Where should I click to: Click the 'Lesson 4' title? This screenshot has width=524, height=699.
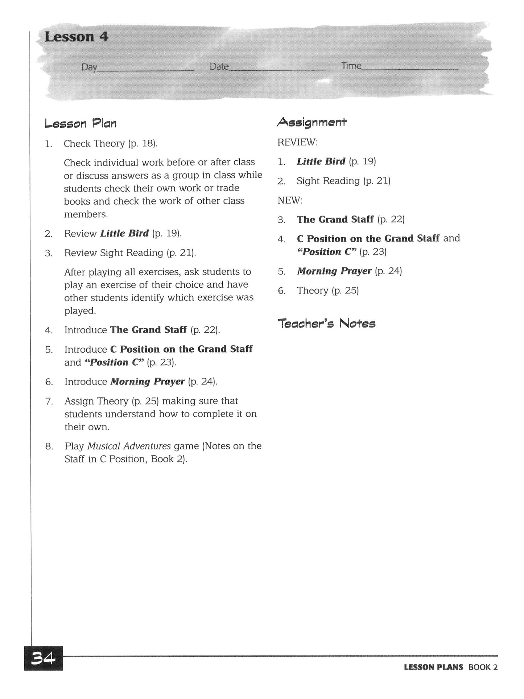pyautogui.click(x=77, y=37)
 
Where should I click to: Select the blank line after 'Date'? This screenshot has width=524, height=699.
pyautogui.click(x=277, y=69)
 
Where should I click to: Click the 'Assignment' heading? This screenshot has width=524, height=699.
pyautogui.click(x=312, y=122)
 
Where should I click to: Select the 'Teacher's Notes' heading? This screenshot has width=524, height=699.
pyautogui.click(x=326, y=323)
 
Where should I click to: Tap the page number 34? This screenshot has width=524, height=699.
pyautogui.click(x=43, y=658)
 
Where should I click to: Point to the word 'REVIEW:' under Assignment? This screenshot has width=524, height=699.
pyautogui.click(x=297, y=142)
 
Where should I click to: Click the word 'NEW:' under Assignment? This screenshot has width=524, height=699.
pyautogui.click(x=290, y=200)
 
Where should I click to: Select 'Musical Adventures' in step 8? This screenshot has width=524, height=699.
pyautogui.click(x=129, y=446)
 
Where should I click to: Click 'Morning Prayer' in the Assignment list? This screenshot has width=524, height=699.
pyautogui.click(x=334, y=271)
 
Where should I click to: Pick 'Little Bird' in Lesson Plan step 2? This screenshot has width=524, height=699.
pyautogui.click(x=124, y=233)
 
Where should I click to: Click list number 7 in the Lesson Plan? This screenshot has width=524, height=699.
pyautogui.click(x=49, y=402)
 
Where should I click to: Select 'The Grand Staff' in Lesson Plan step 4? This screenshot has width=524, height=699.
pyautogui.click(x=148, y=330)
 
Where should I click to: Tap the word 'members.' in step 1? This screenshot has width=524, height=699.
pyautogui.click(x=86, y=214)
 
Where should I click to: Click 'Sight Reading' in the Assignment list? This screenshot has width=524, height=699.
pyautogui.click(x=328, y=181)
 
